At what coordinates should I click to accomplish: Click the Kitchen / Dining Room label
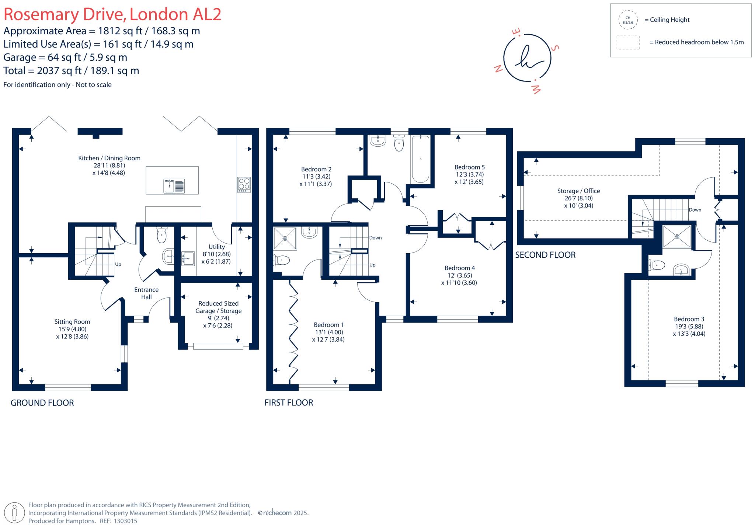click(109, 158)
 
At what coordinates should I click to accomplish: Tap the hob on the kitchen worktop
click(244, 185)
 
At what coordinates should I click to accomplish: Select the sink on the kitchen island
click(174, 186)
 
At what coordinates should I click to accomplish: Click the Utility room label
click(216, 247)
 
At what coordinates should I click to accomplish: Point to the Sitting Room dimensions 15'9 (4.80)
click(72, 329)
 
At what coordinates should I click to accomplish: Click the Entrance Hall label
click(146, 293)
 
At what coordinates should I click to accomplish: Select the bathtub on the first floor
click(420, 159)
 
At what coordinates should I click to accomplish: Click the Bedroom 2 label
click(316, 169)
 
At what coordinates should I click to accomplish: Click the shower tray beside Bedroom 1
click(285, 238)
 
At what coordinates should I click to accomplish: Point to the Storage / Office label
click(578, 191)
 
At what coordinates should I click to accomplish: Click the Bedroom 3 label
click(689, 319)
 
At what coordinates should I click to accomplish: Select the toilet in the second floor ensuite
click(657, 265)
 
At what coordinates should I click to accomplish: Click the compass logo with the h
click(527, 58)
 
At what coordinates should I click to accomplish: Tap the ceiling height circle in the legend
click(628, 20)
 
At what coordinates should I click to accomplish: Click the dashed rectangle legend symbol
click(628, 42)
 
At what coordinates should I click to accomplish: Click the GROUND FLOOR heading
click(42, 403)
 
